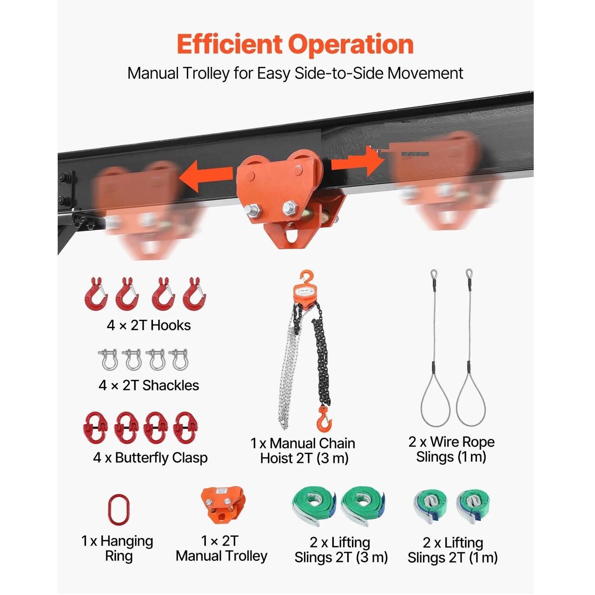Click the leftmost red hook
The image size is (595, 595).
96,293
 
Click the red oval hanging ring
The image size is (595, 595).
119,510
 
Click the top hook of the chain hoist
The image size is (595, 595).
307,278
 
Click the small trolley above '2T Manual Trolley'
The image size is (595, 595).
223,505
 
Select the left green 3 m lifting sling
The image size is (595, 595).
314,506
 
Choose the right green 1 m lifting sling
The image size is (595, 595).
472,507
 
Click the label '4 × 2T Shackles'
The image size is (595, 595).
149,385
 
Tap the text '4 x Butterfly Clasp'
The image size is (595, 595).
150,458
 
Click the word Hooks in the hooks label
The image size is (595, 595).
171,325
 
